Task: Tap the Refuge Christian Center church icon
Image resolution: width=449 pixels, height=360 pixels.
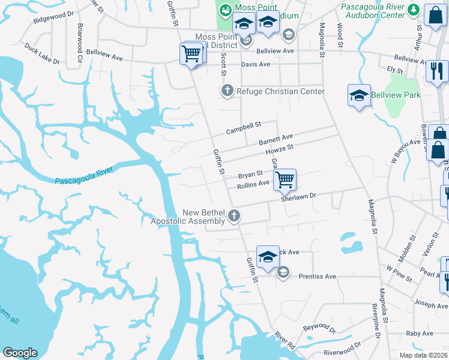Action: [227, 91]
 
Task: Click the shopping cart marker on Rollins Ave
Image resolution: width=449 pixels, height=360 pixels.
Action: [285, 178]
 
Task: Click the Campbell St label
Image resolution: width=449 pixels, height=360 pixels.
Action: [244, 128]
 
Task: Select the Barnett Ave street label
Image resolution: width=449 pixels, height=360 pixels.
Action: [276, 140]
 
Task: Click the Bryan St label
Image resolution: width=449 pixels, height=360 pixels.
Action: [250, 175]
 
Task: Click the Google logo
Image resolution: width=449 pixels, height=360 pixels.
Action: [20, 353]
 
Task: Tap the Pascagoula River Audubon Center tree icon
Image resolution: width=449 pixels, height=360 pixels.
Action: [413, 10]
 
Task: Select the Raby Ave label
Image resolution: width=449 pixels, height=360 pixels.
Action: [419, 334]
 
